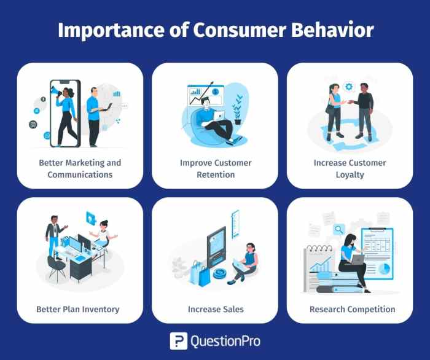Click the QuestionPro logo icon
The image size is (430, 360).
pos(179,341)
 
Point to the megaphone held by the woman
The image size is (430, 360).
pos(55,92)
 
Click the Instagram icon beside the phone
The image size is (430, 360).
pos(33,124)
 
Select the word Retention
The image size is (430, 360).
pos(215,174)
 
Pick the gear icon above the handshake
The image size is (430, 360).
pos(350,87)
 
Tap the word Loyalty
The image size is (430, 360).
pos(350,174)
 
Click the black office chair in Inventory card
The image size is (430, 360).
pos(57,265)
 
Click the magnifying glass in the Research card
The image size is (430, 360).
pos(338,230)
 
